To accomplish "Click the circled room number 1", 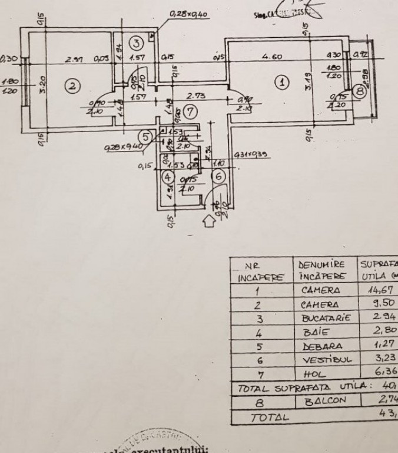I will click(283, 83).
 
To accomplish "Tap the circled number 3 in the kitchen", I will click(136, 42).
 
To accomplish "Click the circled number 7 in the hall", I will click(188, 110).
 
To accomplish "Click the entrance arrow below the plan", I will click(208, 221).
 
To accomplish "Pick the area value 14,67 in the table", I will click(376, 290).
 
